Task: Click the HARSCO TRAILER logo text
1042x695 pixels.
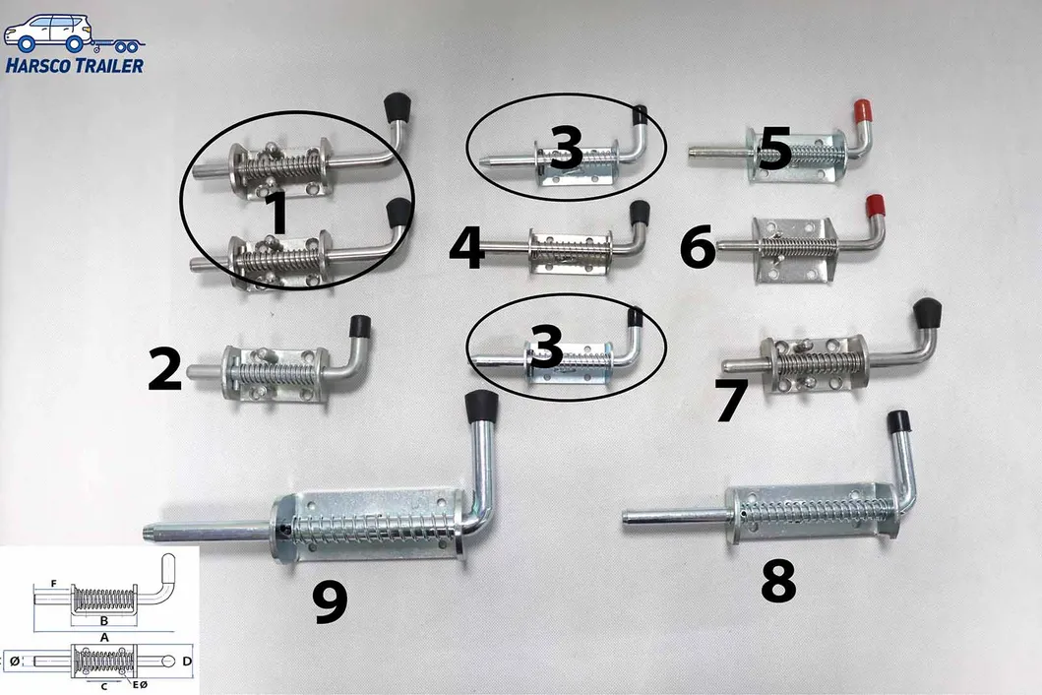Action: pyautogui.click(x=75, y=65)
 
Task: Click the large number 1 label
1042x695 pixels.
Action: pyautogui.click(x=278, y=213)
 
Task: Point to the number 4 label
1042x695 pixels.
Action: pyautogui.click(x=467, y=247)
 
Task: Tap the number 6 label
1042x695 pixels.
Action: pyautogui.click(x=697, y=247)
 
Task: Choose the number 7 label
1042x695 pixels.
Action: pyautogui.click(x=732, y=400)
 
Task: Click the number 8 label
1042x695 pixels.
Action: pyautogui.click(x=778, y=581)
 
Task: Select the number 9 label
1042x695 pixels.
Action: pyautogui.click(x=331, y=602)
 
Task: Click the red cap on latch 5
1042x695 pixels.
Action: pyautogui.click(x=863, y=112)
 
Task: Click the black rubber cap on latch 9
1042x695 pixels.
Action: pyautogui.click(x=480, y=407)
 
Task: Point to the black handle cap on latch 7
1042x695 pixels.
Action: pyautogui.click(x=927, y=313)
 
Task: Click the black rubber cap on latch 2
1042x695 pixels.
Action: pyautogui.click(x=361, y=327)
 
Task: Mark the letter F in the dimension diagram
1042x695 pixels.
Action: pyautogui.click(x=54, y=583)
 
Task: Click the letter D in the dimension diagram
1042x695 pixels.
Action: pyautogui.click(x=187, y=662)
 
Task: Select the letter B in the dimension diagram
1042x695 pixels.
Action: pyautogui.click(x=103, y=621)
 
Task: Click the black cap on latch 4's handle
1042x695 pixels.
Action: pyautogui.click(x=640, y=213)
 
